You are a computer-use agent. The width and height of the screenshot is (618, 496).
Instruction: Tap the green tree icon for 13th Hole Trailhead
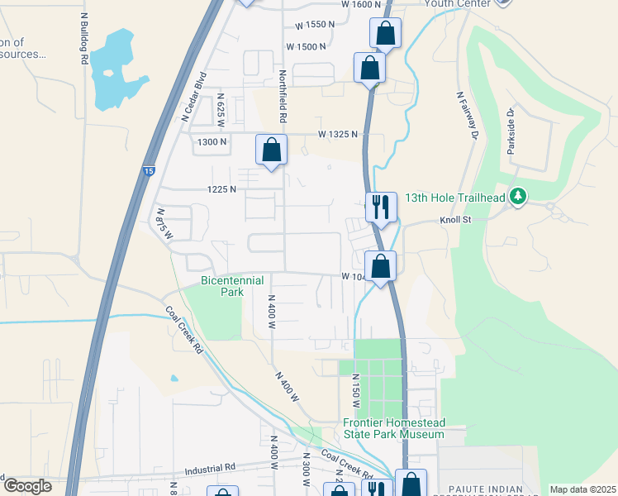[x=518, y=196]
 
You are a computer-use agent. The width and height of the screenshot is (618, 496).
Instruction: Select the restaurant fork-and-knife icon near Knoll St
[x=381, y=207]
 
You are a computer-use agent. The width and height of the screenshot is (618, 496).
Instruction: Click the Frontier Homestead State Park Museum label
[x=394, y=428]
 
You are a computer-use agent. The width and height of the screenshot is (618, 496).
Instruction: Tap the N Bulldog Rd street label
[x=83, y=39]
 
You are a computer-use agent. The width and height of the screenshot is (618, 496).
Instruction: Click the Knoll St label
[x=454, y=221]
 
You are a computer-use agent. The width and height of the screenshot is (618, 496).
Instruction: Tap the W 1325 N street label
[x=339, y=133]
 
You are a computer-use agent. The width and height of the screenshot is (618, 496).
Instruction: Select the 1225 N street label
[x=221, y=189]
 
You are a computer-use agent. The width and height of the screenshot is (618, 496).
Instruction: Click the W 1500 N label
[x=311, y=47]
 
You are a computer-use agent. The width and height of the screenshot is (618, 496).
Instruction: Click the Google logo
[x=27, y=486]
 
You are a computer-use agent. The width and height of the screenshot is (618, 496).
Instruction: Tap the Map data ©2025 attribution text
[x=582, y=489]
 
